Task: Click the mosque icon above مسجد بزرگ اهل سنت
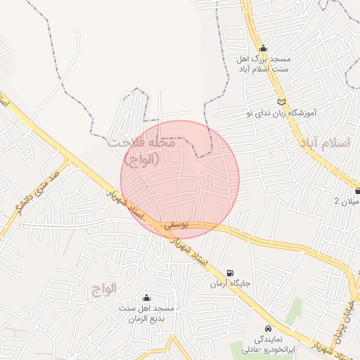coord(263,49)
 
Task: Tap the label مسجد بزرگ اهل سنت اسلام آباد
coord(263,65)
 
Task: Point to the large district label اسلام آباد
coord(324,143)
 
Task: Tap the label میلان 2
coord(347,202)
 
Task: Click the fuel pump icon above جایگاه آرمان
coord(231,274)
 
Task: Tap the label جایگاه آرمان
coord(231,285)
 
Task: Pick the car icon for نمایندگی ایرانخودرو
coord(269,328)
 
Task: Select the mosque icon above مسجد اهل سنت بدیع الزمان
coord(146,298)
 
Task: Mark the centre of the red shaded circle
coord(180,179)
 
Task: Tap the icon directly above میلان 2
coord(357,191)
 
